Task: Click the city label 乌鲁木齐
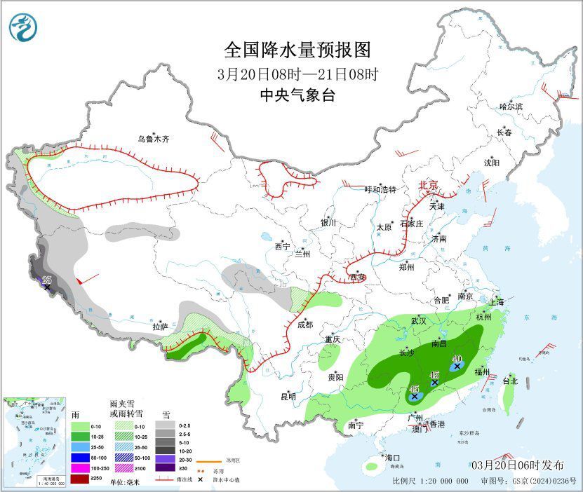[153, 139]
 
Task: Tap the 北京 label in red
[428, 186]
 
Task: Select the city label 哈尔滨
[511, 107]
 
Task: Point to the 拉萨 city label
[161, 327]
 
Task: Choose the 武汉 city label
[420, 321]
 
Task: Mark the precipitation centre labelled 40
[457, 365]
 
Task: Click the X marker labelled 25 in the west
[47, 287]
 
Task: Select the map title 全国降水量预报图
[297, 50]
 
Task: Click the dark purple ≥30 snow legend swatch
[166, 467]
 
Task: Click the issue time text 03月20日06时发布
[517, 465]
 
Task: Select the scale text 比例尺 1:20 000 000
[431, 481]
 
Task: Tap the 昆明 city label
[288, 397]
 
